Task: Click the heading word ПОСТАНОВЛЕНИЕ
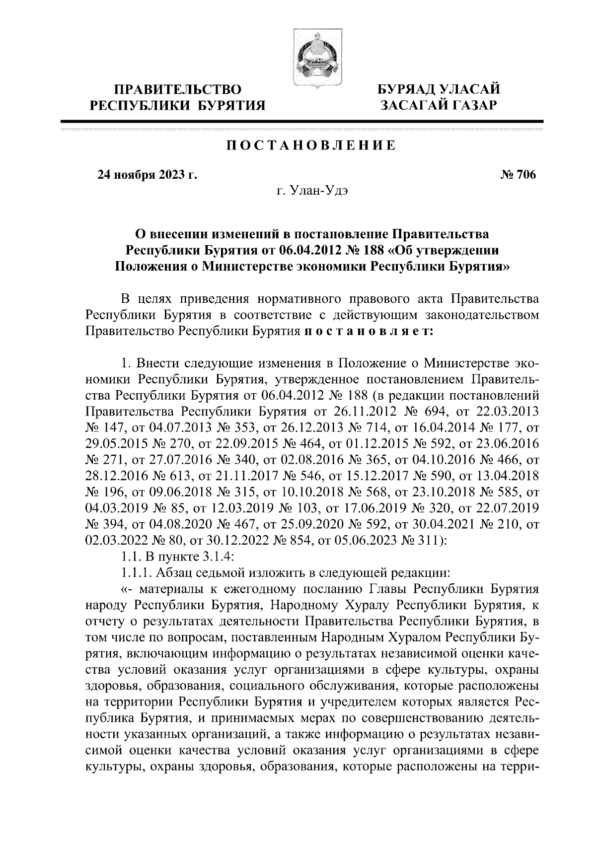pyautogui.click(x=311, y=146)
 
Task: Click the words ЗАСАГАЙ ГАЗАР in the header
pyautogui.click(x=438, y=105)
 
